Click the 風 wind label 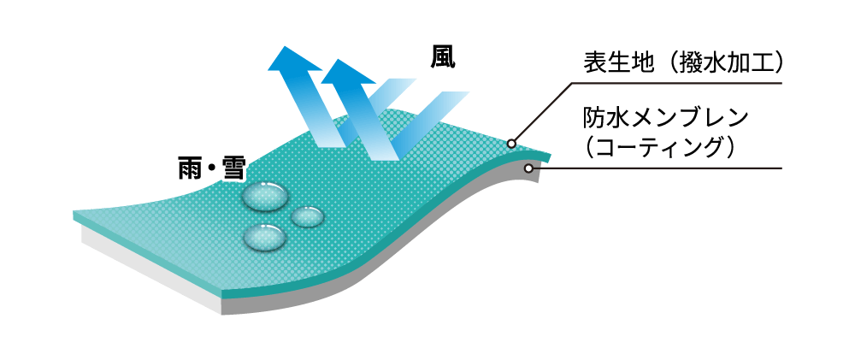click(x=443, y=56)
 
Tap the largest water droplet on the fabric click(x=265, y=197)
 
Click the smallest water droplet click(x=308, y=216)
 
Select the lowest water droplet click(x=264, y=235)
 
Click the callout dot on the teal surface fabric click(x=512, y=143)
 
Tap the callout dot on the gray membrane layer click(x=529, y=168)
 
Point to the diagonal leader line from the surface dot click(x=542, y=112)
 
